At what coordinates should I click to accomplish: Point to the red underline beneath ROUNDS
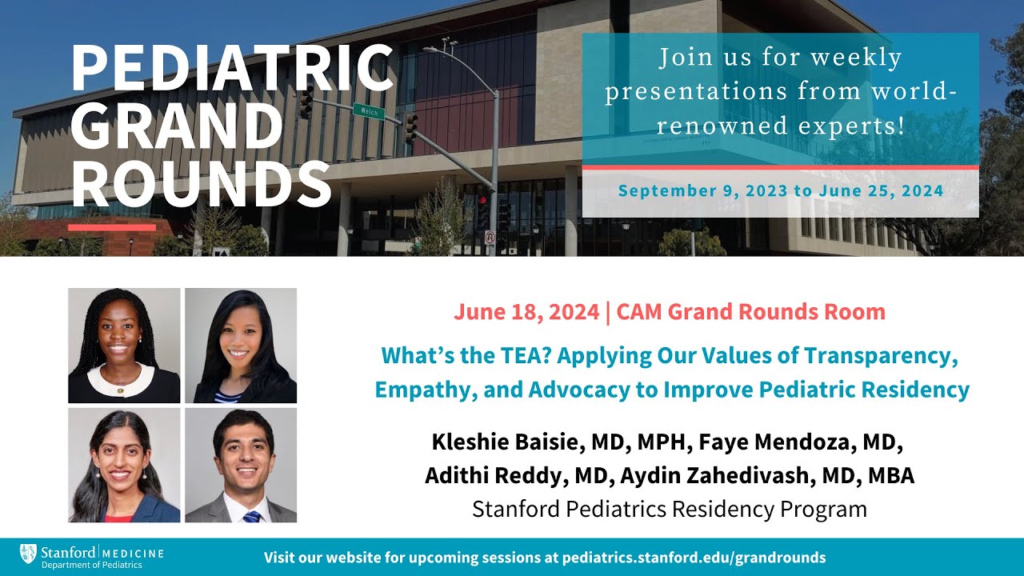112,227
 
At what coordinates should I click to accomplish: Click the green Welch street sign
368,110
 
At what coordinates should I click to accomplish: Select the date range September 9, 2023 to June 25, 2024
780,191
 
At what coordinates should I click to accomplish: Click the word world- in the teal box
912,92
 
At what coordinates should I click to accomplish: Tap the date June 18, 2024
526,312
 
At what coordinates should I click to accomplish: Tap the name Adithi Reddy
498,475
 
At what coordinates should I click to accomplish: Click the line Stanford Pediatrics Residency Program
670,509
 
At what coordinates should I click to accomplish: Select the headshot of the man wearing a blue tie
241,465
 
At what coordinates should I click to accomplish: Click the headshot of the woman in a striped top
241,346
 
